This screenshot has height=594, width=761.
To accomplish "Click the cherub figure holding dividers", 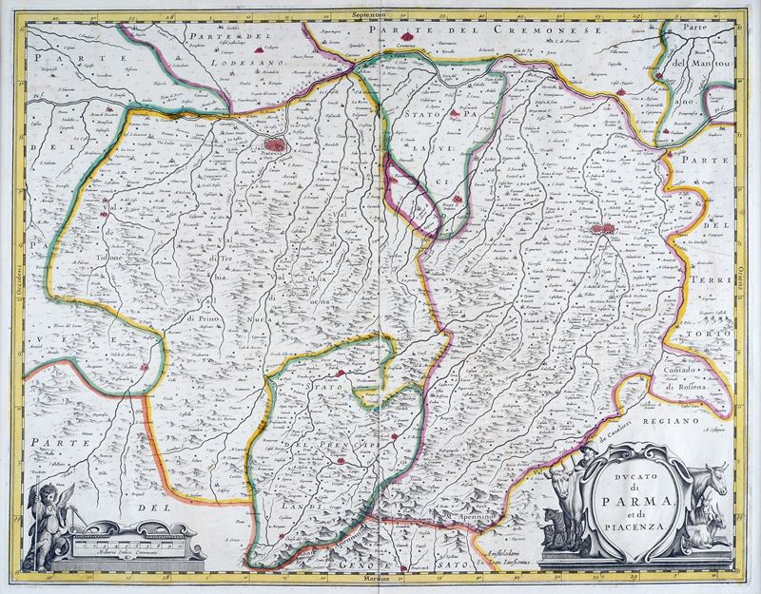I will tap(48, 518).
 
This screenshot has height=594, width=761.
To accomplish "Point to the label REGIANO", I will tap(669, 419).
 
